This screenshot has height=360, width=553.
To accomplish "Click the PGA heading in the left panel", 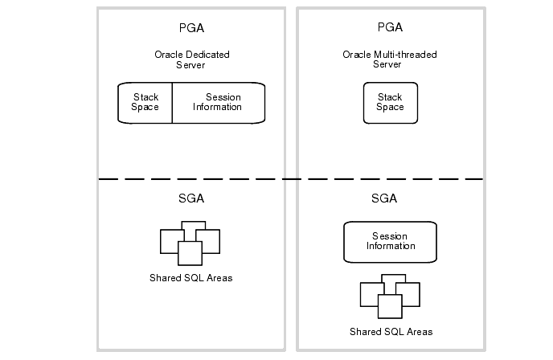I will coord(192,28).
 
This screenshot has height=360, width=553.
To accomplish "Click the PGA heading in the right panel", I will coord(390,28).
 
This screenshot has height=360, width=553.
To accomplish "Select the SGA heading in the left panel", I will coord(192,198).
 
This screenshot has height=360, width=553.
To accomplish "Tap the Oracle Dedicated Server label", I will coord(192,59).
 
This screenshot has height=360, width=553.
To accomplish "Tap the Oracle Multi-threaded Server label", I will coord(390,59).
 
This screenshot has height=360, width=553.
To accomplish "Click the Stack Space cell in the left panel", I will coord(145,102).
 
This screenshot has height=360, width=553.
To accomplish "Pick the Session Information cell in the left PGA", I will coord(217,102).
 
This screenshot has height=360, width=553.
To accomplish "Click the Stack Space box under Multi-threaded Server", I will coord(390,102).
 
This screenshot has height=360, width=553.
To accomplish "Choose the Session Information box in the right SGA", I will coord(390,241).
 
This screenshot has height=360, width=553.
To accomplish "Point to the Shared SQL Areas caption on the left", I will coord(191,278).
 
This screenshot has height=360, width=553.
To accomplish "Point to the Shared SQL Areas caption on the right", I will coord(391,331).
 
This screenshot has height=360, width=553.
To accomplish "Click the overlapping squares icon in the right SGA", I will coord(391,296).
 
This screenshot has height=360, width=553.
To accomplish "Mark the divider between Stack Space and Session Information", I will coord(172,102).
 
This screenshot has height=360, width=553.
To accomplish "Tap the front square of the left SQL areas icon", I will coord(190,253).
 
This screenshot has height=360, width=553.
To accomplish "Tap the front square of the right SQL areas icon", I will coord(390,306).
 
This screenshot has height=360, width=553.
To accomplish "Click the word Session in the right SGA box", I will coord(390,236).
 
